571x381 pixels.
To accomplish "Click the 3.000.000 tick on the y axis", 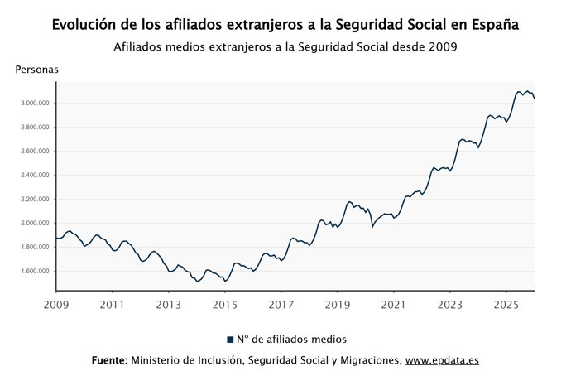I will tap(37, 104).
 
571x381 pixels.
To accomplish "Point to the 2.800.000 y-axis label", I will tap(37, 128).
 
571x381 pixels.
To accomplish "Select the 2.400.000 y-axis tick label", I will tap(37, 176).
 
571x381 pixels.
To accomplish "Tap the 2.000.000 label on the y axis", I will tap(37, 224).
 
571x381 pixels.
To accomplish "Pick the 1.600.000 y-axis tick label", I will tap(37, 272).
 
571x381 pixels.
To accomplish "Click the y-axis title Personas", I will tap(36, 70).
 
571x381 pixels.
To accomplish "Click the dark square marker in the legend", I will tap(230, 340).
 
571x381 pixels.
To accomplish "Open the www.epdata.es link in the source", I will tap(442, 361).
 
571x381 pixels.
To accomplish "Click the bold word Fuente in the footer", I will tap(109, 361).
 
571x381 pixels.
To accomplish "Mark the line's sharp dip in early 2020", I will tap(372, 225).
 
